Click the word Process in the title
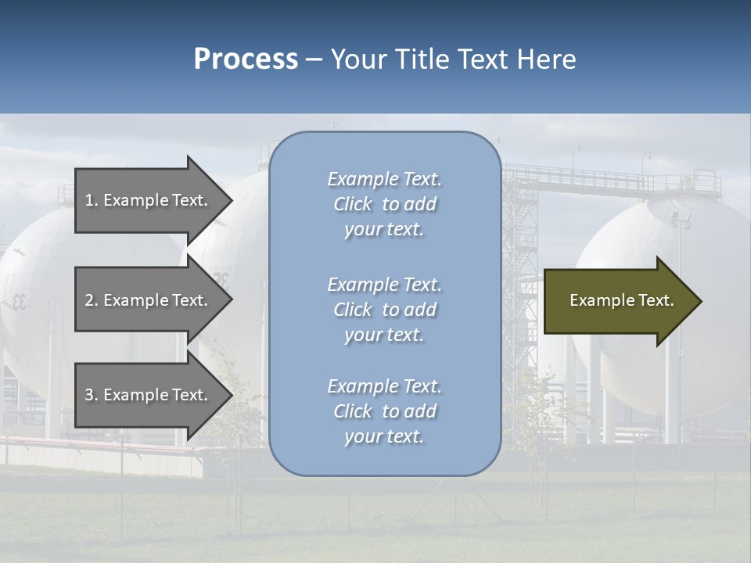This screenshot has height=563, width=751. [x=246, y=59]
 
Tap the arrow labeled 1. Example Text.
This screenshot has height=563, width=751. [x=149, y=200]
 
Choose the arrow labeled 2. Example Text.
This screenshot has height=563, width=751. [x=149, y=300]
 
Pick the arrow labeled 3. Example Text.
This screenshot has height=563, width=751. [x=149, y=395]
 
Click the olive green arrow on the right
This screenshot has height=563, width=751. [x=622, y=301]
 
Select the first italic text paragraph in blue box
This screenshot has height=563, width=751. [x=384, y=204]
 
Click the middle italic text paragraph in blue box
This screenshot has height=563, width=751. [x=384, y=310]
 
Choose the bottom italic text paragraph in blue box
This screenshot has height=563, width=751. [x=384, y=411]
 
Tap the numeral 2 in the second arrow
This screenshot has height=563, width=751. [x=89, y=300]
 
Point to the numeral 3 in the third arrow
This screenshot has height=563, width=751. [x=89, y=395]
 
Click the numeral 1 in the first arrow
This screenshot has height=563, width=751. [x=89, y=200]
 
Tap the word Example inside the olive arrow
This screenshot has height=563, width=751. [x=598, y=300]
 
